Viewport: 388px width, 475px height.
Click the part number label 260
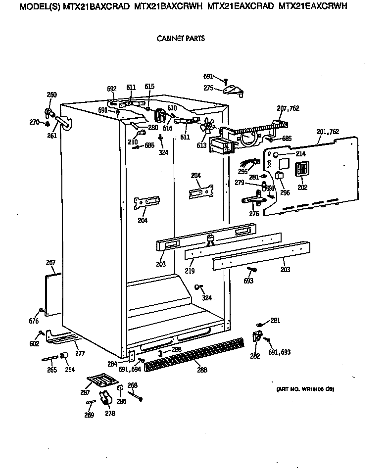click(x=51, y=95)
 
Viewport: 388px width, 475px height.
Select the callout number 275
click(x=209, y=88)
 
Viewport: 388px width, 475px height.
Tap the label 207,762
click(x=288, y=108)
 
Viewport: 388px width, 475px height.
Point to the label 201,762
click(x=328, y=132)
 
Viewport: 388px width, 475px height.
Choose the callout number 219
click(x=190, y=271)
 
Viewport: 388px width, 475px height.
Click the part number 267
click(x=50, y=262)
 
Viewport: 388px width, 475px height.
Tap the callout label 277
click(x=80, y=353)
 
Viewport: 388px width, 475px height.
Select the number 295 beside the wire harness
click(x=242, y=171)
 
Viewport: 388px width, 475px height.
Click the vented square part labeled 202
click(x=302, y=170)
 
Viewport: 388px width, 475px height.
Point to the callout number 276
click(x=254, y=214)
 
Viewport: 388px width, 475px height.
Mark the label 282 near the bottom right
click(x=255, y=356)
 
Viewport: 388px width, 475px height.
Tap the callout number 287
click(x=84, y=392)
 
